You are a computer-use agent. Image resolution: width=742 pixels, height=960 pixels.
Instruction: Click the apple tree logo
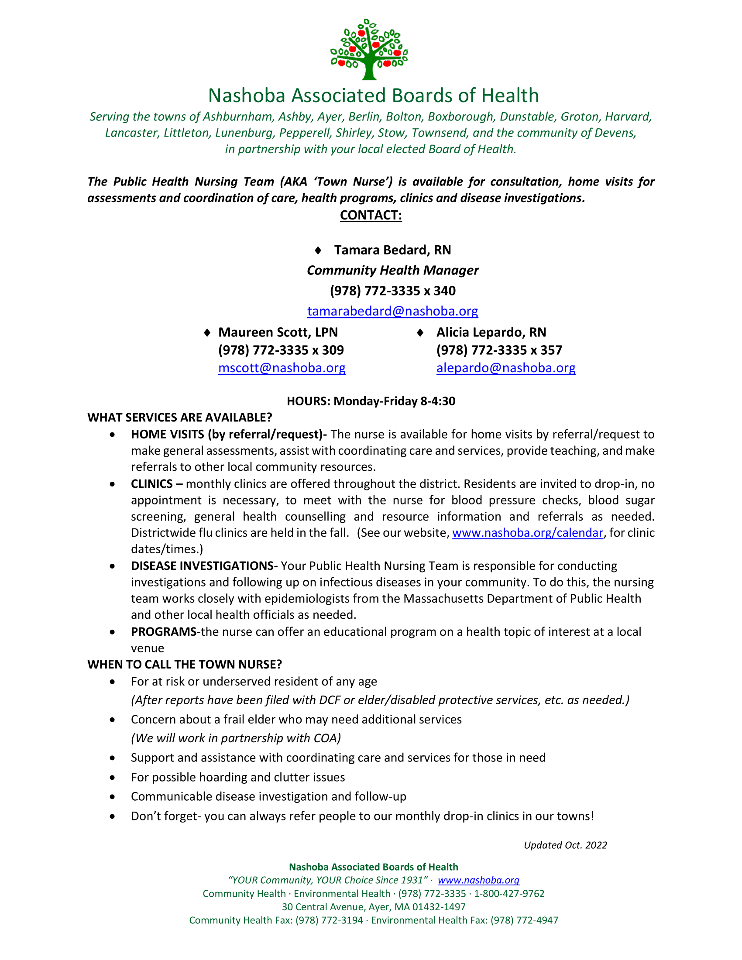[x=369, y=49]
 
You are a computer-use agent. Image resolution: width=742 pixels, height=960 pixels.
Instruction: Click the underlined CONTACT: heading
[x=371, y=216]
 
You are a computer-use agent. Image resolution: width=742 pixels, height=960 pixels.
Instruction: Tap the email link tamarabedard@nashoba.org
[x=392, y=311]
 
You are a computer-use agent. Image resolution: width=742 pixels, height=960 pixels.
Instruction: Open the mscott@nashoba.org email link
[x=282, y=368]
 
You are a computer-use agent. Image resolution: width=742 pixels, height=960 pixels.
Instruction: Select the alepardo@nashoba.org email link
[x=505, y=368]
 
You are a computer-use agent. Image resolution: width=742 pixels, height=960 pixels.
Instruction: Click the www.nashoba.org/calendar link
[x=528, y=533]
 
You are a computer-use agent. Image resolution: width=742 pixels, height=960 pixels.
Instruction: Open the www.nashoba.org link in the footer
[x=478, y=880]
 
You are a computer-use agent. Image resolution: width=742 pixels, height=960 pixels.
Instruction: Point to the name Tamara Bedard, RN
[x=392, y=250]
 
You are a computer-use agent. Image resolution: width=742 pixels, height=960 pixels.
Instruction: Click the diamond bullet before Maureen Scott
[x=207, y=333]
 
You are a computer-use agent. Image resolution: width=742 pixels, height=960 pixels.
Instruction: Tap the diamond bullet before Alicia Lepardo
[x=420, y=333]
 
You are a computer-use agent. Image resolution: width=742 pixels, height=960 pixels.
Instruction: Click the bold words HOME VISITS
[x=168, y=435]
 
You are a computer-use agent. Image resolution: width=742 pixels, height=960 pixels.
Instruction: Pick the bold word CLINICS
[x=151, y=484]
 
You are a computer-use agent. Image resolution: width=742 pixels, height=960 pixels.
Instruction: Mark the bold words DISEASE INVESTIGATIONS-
[x=204, y=566]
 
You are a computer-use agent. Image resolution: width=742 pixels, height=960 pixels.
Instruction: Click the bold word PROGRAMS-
[x=165, y=632]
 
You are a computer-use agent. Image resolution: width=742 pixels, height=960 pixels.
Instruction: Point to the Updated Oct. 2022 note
[x=565, y=845]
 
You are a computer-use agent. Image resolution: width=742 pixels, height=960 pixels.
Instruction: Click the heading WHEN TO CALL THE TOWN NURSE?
[x=185, y=665]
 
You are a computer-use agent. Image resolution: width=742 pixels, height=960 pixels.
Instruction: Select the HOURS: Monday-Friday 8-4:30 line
[x=371, y=401]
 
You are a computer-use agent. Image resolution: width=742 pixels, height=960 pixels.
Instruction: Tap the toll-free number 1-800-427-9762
[x=509, y=894]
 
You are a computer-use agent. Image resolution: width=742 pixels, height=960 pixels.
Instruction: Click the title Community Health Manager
[x=392, y=271]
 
